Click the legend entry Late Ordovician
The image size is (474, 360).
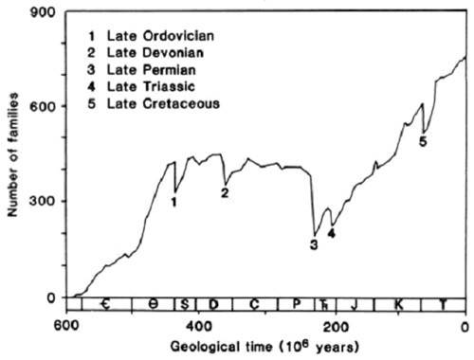coord(151,36)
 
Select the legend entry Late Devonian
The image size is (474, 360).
coord(145,53)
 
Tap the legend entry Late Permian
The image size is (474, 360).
coord(141,70)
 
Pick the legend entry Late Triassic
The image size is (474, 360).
coord(141,86)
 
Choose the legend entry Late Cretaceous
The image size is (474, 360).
coord(154,103)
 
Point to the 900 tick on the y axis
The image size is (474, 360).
coord(43,12)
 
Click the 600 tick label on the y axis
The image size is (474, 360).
coord(43,107)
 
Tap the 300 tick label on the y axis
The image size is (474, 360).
coord(43,202)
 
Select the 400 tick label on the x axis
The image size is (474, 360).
coord(198,326)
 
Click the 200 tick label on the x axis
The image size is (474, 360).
coord(336,326)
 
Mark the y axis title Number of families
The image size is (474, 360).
coord(12,154)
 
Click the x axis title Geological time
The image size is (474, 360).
coord(221,347)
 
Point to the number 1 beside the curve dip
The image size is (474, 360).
coord(173,202)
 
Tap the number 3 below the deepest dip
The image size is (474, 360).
coord(314,244)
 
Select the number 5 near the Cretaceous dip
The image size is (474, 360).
coord(423,141)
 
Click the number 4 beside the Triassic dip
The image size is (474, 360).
coord(331,233)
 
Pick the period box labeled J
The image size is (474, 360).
coord(355,304)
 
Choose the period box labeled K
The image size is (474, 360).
coord(397,304)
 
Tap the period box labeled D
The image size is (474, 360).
coord(214,304)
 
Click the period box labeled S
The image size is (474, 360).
coord(185,304)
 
